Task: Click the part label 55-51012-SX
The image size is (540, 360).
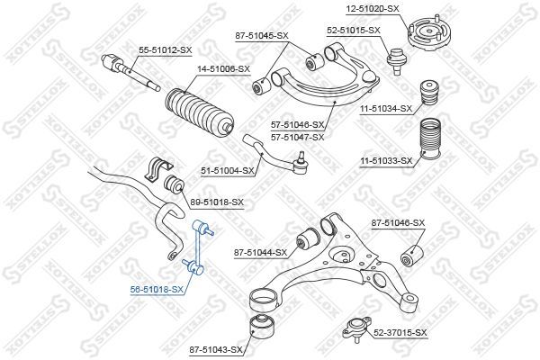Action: click(x=165, y=50)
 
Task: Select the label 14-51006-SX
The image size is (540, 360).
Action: click(x=223, y=69)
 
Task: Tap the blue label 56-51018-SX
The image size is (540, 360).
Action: click(x=157, y=290)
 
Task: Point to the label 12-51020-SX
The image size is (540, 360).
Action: click(x=373, y=8)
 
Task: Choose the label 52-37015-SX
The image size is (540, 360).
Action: click(x=400, y=333)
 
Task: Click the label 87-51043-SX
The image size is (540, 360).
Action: click(x=216, y=350)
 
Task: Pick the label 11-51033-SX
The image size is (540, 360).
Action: click(x=386, y=160)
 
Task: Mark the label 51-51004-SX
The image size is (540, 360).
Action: click(x=228, y=170)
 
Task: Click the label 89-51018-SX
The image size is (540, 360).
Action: click(x=217, y=202)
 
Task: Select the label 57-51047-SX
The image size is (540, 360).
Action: click(x=298, y=138)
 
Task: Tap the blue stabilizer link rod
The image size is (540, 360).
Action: click(x=198, y=247)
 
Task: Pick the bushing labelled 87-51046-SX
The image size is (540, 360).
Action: click(x=412, y=256)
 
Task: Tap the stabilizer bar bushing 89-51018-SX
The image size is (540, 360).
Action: click(x=175, y=184)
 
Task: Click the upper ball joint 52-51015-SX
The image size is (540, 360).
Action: click(x=397, y=60)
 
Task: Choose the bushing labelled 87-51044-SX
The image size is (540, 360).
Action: click(x=307, y=238)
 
